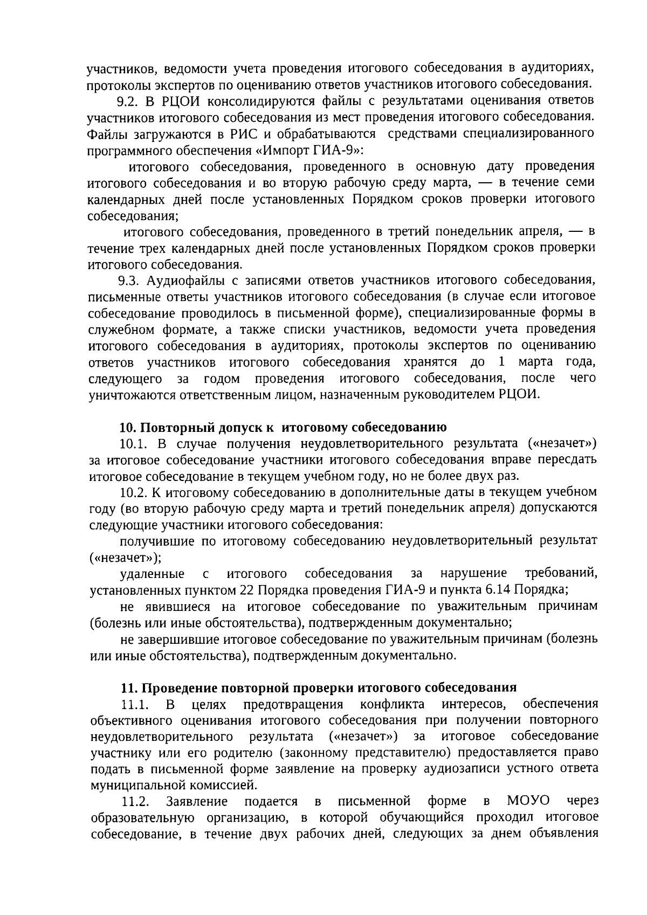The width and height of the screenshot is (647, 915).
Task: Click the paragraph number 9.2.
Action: point(127,101)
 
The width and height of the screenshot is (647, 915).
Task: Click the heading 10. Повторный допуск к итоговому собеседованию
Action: point(283,428)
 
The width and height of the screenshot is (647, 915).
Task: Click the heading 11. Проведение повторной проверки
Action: point(318,687)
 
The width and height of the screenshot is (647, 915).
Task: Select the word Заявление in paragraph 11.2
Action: point(197,802)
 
